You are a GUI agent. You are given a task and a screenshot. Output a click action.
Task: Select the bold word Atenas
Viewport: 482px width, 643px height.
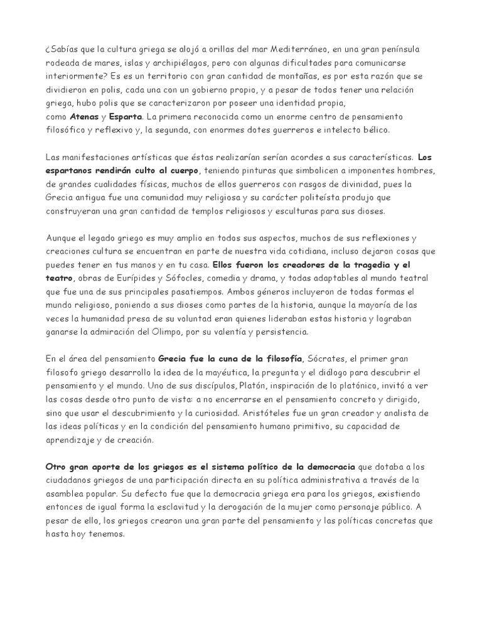(82, 117)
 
